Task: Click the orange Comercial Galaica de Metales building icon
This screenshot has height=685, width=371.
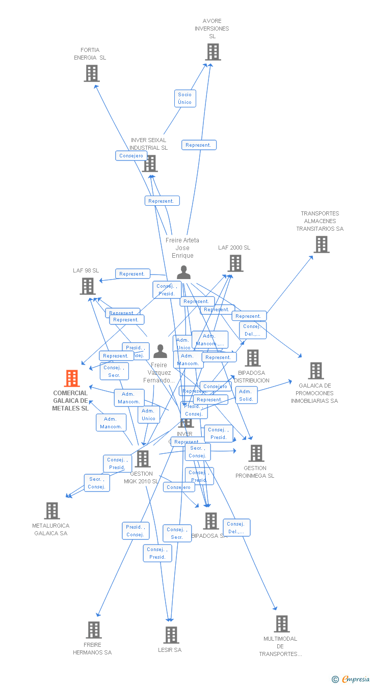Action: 72,378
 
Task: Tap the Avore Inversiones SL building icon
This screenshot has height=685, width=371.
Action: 213,52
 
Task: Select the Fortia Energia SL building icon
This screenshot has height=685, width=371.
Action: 91,73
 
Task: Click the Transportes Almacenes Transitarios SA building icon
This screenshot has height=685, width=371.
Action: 321,244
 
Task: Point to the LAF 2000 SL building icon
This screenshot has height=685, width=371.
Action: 235,263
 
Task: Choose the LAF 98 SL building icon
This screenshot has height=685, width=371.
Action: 88,286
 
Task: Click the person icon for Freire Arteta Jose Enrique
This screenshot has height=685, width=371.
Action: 183,272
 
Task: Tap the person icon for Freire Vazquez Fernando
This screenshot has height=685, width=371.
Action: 160,351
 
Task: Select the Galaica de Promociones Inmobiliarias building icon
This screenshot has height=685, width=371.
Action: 315,371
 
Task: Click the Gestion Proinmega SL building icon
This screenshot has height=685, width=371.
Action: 256,453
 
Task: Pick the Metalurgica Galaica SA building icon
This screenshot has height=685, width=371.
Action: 52,511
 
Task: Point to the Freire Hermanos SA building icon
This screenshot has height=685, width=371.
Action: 93,630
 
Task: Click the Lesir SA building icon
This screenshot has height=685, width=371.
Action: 171,635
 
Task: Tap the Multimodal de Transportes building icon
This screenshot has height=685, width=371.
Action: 281,624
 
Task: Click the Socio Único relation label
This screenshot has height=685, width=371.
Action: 184,98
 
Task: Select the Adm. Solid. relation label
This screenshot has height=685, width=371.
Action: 246,395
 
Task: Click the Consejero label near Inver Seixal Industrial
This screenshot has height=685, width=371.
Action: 131,156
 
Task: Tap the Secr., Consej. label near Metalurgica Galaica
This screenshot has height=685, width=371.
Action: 96,483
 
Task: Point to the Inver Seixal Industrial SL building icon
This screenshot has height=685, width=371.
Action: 150,163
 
